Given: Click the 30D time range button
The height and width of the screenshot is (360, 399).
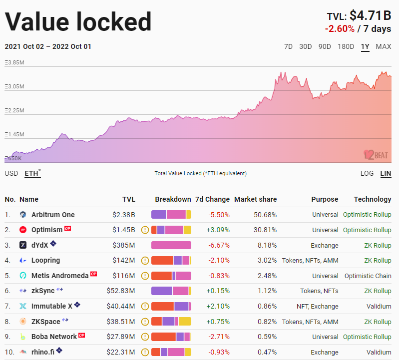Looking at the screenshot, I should point(305,47).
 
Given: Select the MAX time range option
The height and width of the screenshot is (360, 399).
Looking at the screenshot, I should point(384,47).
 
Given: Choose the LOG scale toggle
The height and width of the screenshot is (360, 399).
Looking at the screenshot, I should point(367,173).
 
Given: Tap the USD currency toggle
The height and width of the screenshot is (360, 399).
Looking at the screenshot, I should point(11,173).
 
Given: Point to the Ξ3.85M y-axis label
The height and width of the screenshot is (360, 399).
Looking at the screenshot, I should point(14,62).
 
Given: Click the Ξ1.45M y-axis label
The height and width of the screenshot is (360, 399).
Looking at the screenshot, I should point(14,134).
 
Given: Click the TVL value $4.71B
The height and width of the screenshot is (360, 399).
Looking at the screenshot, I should point(370,15).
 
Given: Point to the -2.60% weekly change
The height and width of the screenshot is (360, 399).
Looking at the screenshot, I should point(340,29).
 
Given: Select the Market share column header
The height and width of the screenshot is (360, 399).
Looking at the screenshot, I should point(255,199).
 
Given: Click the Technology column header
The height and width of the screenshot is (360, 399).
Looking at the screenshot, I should point(373,199).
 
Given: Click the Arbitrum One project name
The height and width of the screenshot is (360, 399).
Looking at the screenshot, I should point(53,215).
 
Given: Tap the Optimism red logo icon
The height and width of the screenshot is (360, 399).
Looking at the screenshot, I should point(23,230).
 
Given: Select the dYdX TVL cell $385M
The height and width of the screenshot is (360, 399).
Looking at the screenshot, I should point(124,245).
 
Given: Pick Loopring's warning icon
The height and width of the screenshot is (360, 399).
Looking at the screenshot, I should point(145,261).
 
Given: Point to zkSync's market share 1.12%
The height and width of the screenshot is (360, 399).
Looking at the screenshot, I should point(267,291).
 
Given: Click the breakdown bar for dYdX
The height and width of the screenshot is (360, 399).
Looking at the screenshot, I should point(171,245).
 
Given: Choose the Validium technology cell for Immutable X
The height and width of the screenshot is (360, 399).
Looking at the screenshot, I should point(379,306).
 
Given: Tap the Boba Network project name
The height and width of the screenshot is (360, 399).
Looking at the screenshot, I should point(54,337).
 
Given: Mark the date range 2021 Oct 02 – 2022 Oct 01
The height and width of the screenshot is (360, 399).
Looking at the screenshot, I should point(48,47).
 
